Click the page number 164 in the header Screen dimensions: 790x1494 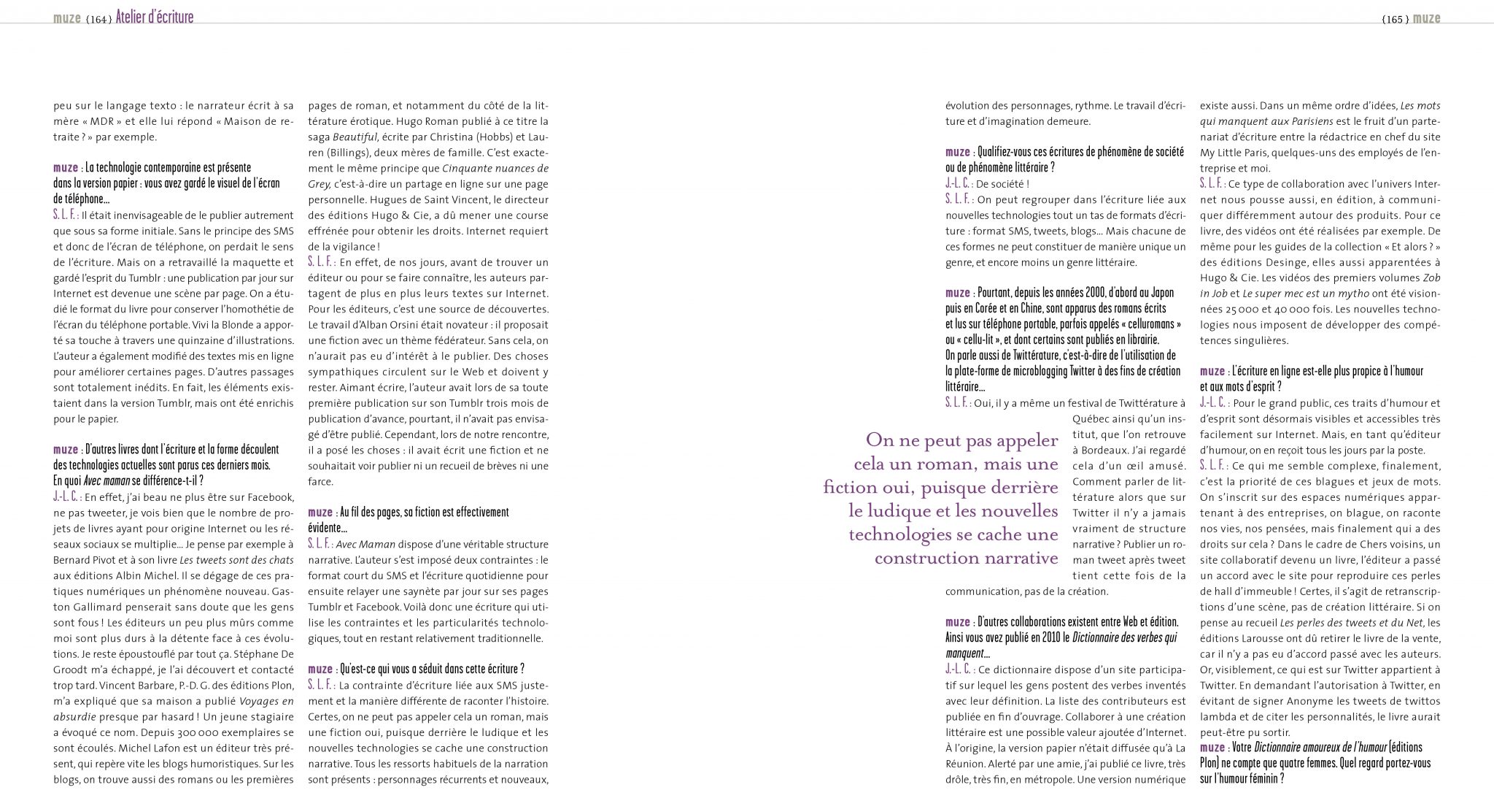(x=98, y=20)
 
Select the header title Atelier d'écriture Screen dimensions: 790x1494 (x=155, y=18)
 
